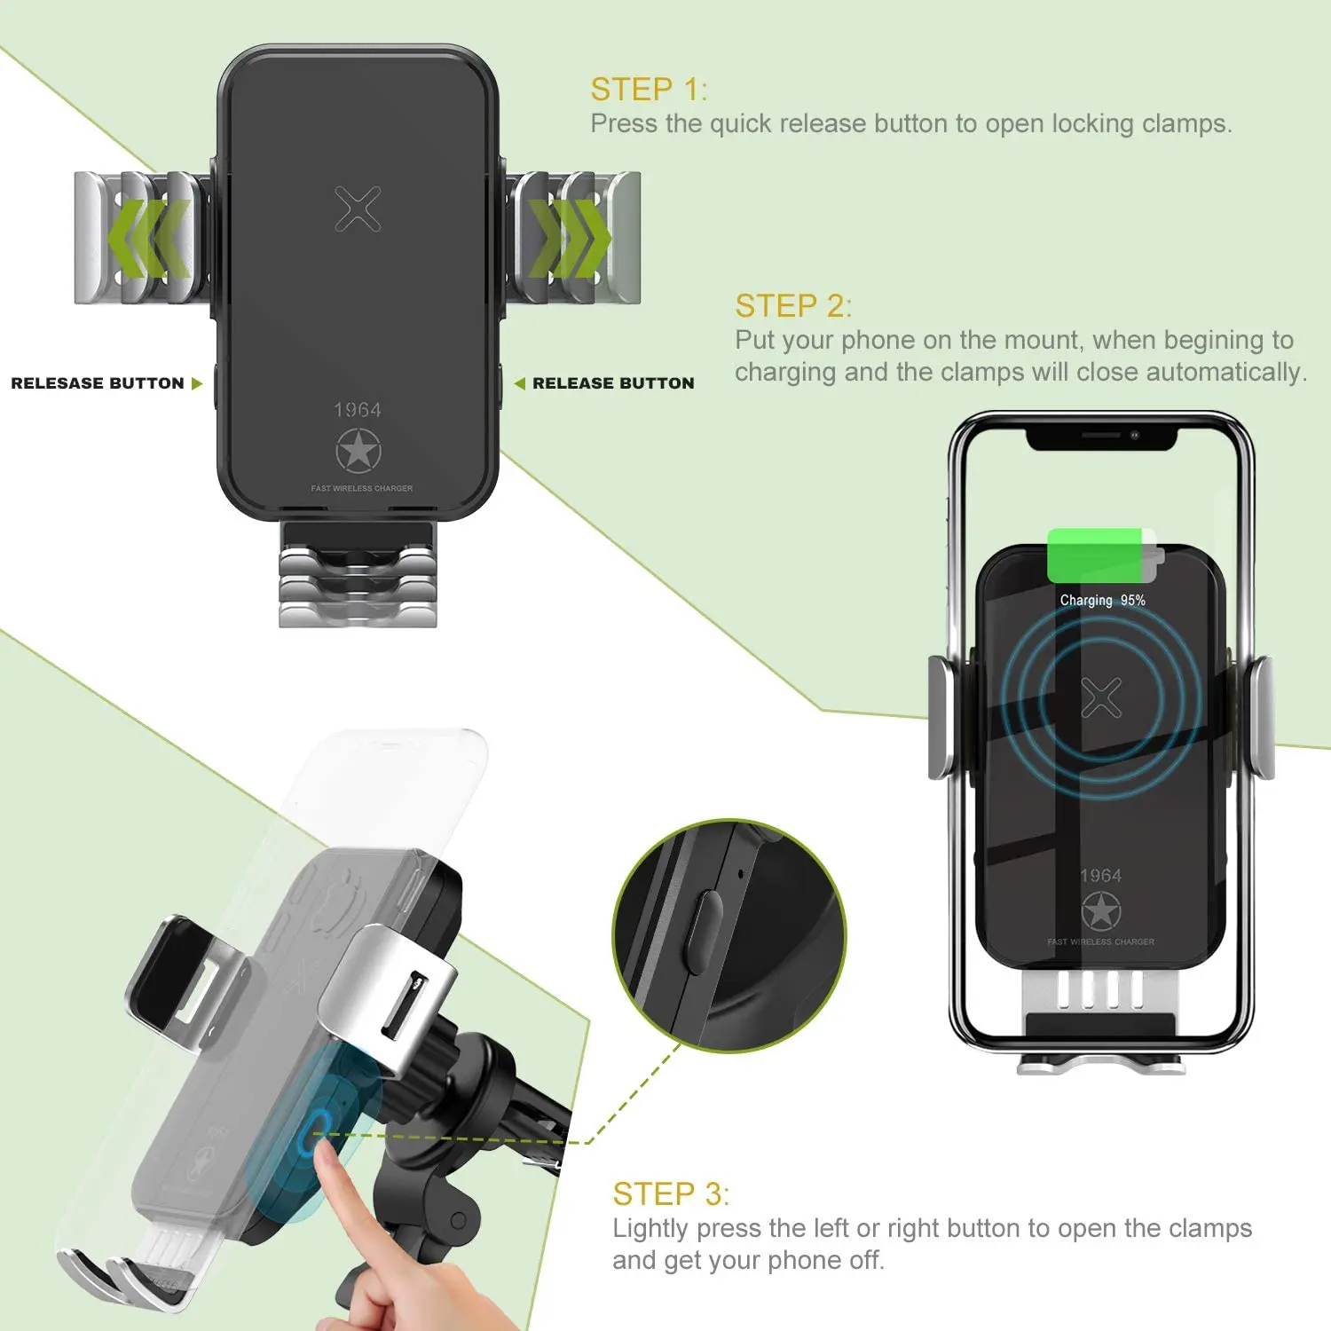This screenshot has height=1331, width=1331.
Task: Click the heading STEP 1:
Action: pos(649,90)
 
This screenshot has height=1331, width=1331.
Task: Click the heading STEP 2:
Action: pos(792,306)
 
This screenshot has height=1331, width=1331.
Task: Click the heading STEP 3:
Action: pos(670,1194)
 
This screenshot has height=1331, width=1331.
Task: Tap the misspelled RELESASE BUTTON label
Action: pos(98,383)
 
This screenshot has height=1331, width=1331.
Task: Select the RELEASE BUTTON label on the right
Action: pos(613,383)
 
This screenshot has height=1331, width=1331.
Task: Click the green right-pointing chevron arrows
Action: pos(569,238)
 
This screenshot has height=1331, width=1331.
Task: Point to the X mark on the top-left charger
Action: pos(358,209)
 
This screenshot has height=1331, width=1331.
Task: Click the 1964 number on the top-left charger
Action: pos(358,410)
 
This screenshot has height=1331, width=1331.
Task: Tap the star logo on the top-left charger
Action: pos(358,451)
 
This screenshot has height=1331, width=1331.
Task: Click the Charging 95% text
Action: pos(1102,601)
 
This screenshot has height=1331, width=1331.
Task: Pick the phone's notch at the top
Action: pos(1101,437)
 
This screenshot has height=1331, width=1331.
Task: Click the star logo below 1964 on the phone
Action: pos(1101,911)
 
